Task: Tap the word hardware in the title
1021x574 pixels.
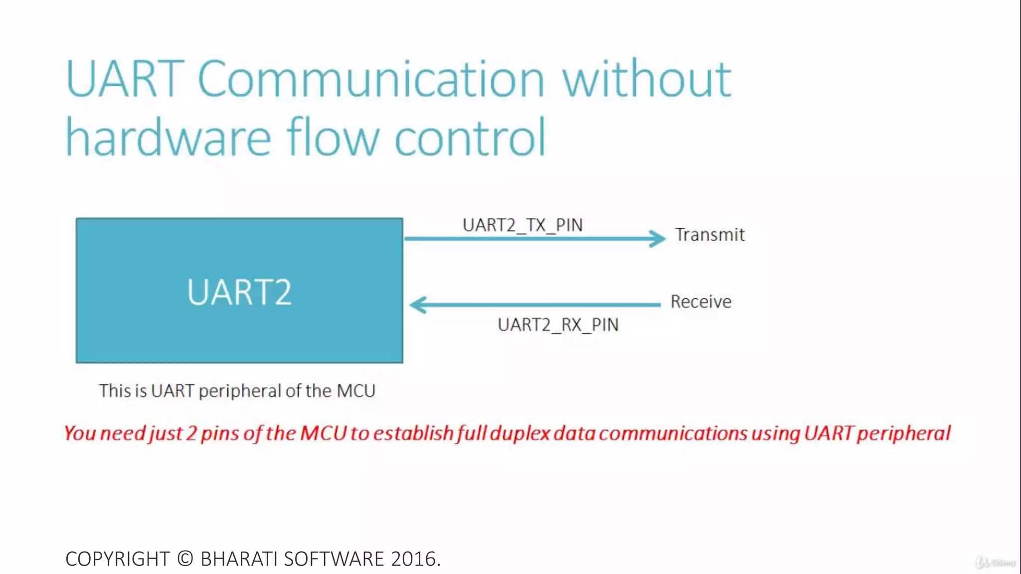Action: point(169,137)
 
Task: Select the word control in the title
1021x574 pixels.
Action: point(470,137)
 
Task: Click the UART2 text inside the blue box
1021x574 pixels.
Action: point(239,292)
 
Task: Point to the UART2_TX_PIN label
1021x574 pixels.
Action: point(522,225)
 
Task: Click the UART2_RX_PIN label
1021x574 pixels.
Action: point(558,325)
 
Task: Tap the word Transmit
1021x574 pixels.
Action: point(710,235)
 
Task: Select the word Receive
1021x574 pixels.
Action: point(701,302)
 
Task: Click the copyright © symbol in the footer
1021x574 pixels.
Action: point(185,559)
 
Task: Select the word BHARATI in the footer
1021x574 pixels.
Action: point(238,559)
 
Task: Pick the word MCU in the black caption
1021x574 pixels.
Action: point(356,391)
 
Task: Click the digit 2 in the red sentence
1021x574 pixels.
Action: point(191,433)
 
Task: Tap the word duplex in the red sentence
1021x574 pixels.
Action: point(519,433)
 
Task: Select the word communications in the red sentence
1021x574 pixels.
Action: point(673,433)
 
